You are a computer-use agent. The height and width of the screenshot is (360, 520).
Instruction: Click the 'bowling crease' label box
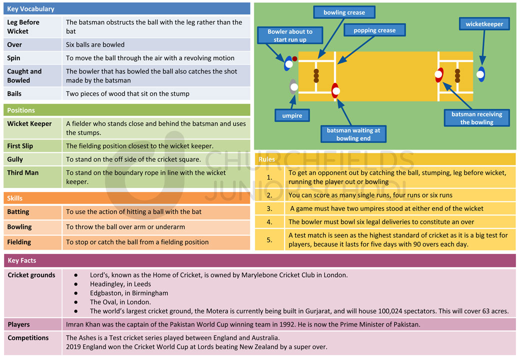coord(344,12)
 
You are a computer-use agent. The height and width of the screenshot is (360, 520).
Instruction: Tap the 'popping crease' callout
coord(374,30)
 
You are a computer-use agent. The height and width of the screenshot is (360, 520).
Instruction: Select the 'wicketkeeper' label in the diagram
coord(484,23)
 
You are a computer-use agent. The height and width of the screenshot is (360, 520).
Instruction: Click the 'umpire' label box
coord(292,115)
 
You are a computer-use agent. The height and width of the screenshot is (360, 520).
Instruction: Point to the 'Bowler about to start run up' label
coord(290,35)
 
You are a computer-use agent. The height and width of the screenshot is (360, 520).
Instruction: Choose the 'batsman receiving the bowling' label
coord(476,118)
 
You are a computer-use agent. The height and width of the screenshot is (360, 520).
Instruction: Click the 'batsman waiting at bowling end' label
coord(353,134)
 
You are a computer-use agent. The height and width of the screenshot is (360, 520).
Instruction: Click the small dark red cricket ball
coord(294,59)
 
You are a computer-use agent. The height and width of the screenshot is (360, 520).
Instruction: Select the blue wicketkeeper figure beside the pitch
coord(480,74)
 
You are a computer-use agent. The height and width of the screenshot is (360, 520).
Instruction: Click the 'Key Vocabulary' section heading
coord(31,9)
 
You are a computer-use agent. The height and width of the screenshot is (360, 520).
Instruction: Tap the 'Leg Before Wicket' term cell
coord(23,26)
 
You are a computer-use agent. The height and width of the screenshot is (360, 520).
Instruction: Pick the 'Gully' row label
coord(15,159)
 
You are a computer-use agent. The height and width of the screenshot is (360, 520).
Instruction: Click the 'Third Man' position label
coord(23,172)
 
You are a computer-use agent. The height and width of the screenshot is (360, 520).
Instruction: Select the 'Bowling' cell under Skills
coord(19,227)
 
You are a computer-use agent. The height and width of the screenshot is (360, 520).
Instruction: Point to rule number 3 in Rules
coord(269,208)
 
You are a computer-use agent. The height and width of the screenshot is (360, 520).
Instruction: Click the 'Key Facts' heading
coord(22,260)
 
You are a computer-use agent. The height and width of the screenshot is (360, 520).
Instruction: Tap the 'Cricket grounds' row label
coord(31,275)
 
